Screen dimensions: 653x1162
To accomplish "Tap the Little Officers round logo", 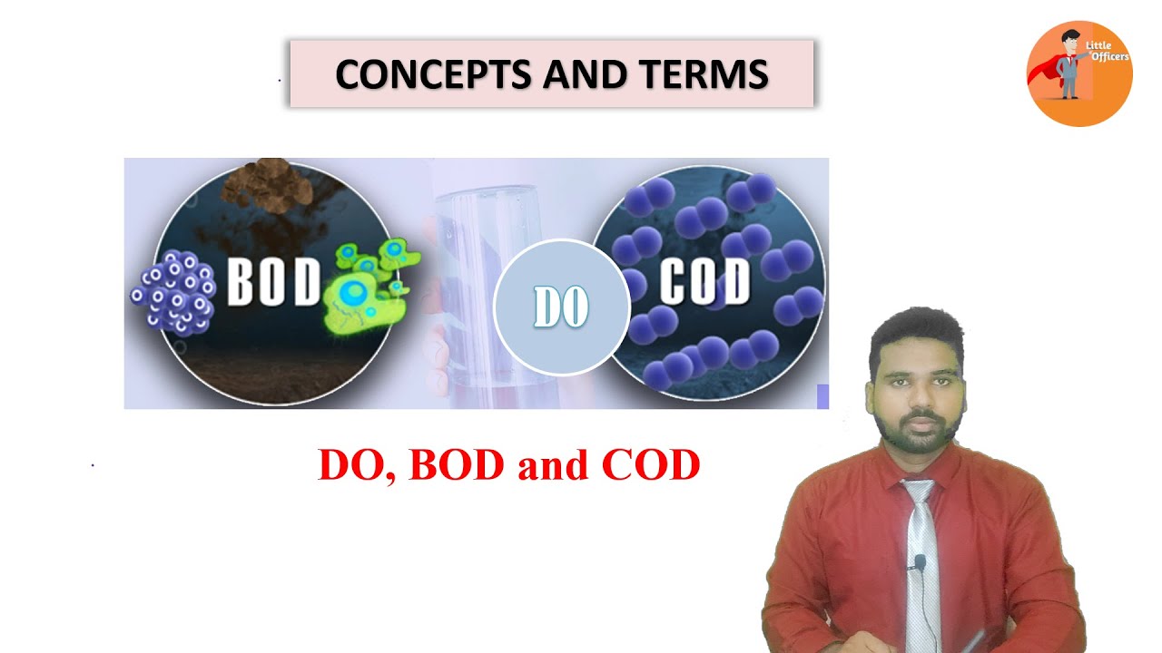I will point(1078,73).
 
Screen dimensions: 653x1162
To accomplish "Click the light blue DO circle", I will point(561,307).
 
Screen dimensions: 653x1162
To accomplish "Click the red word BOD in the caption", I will point(457,465).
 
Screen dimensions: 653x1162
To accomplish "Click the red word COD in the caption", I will point(651,465).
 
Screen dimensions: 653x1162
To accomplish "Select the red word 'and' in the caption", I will point(553,465).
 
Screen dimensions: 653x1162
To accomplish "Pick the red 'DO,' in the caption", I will point(357,465).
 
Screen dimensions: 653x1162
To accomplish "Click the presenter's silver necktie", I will point(921,562).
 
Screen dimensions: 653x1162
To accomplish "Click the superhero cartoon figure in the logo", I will point(1068,65).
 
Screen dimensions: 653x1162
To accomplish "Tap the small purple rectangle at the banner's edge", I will point(822,396).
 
